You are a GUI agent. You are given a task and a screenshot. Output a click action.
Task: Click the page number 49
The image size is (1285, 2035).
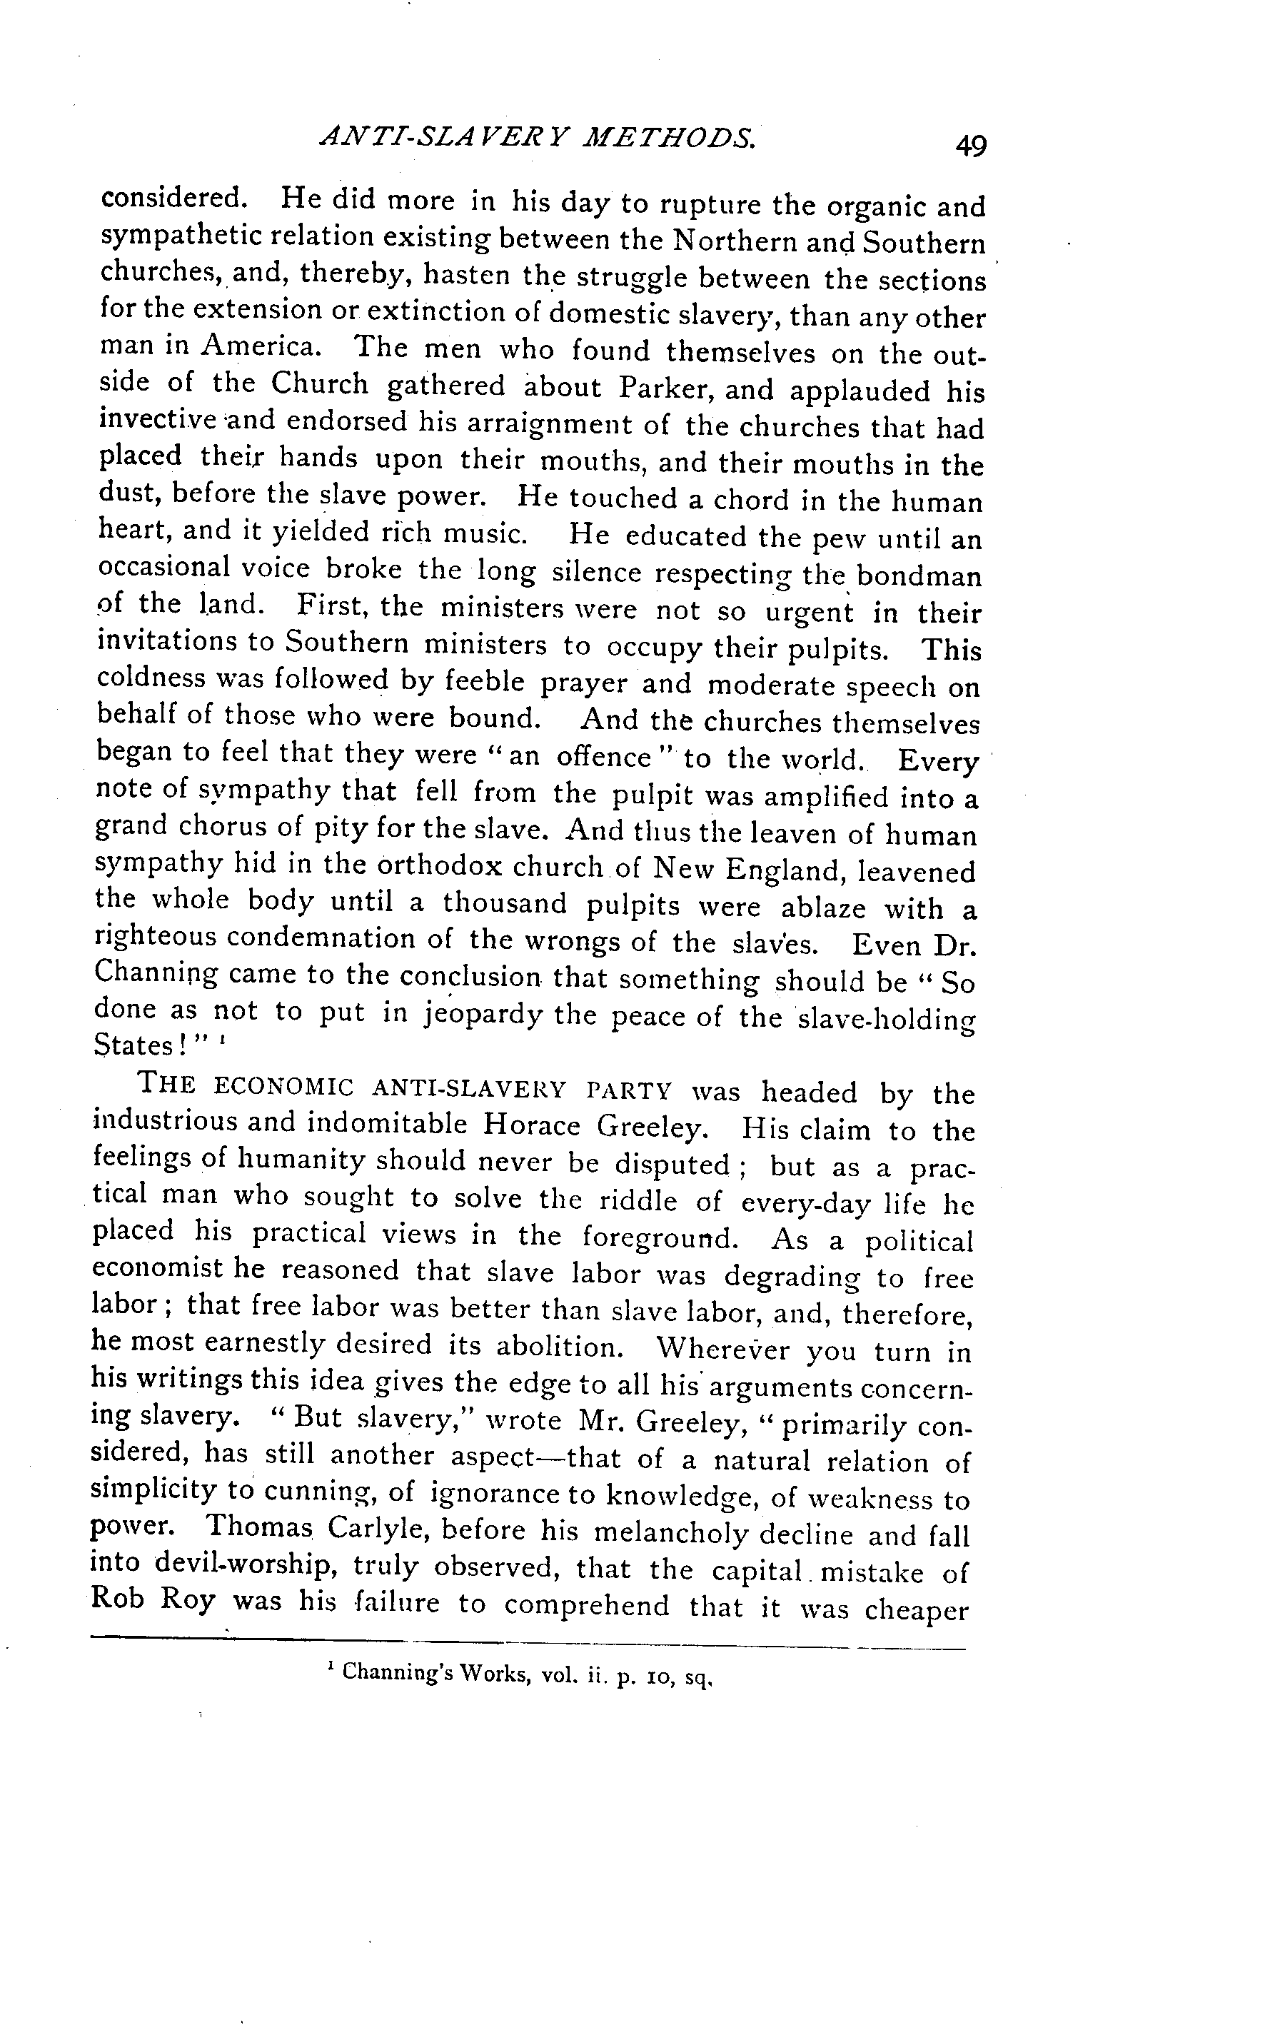(x=970, y=146)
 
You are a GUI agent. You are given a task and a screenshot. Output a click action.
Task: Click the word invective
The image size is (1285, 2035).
(x=156, y=420)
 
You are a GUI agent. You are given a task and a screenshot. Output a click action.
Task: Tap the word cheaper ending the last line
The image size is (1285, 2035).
(x=917, y=1608)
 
